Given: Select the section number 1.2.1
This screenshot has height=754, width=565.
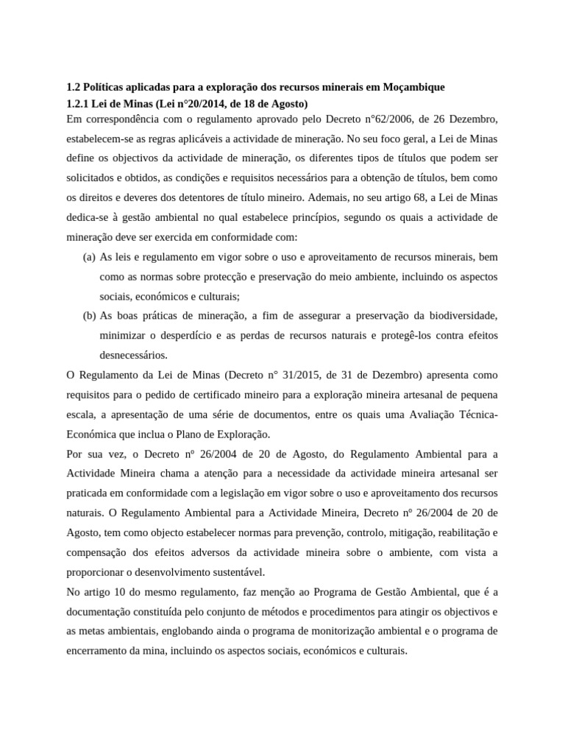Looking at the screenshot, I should (79, 103).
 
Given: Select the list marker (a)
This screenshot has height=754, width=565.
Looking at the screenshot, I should (88, 256).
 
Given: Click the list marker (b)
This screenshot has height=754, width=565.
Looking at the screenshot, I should (88, 315).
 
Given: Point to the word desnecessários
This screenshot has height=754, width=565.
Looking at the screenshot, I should (133, 354).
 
